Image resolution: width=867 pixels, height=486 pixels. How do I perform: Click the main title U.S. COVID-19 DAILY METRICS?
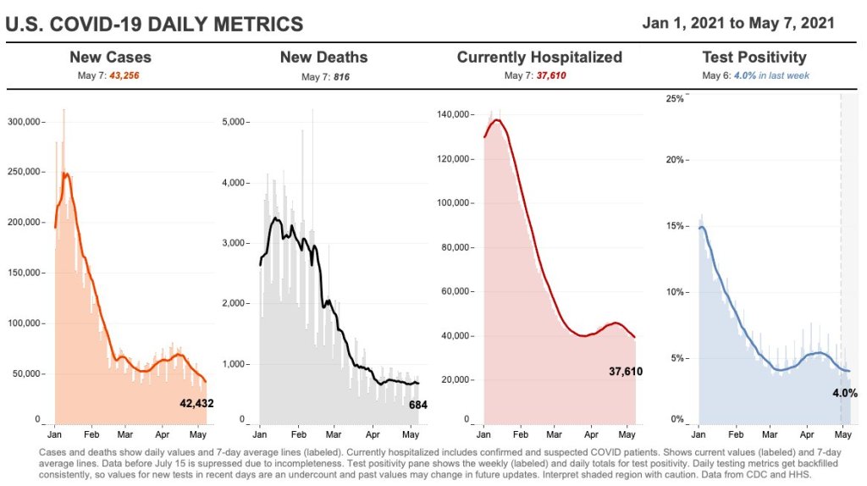[154, 25]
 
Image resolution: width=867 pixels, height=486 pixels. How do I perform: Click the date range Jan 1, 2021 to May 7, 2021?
[738, 23]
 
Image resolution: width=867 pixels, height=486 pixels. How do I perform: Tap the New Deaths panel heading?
[323, 58]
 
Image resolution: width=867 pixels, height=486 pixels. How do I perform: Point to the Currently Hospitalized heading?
[539, 58]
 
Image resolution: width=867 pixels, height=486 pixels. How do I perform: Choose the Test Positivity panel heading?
[754, 58]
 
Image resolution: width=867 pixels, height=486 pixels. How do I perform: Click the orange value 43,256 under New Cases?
[125, 76]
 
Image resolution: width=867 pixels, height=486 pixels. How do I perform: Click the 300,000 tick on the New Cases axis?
[25, 122]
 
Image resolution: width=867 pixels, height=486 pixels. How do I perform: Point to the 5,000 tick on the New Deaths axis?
[231, 122]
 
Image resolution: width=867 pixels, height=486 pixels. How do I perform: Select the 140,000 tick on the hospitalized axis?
[456, 114]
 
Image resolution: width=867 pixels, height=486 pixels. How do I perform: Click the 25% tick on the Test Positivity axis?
[674, 98]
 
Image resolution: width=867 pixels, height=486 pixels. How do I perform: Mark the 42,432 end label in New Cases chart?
[196, 404]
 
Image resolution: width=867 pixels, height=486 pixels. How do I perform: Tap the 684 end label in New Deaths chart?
[417, 405]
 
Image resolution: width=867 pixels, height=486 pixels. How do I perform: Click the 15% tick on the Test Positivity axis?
[674, 227]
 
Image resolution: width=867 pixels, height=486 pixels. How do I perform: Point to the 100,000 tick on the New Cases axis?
[25, 323]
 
